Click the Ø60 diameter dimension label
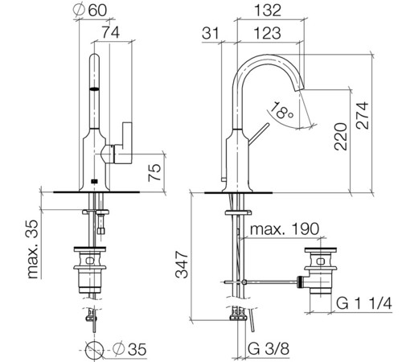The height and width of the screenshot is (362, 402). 90,10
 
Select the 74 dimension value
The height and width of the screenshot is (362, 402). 111,32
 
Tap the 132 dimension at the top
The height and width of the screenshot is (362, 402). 268,10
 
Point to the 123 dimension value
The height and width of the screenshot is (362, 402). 267,33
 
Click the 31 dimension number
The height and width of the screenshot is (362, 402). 211,33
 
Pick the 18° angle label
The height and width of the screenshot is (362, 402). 281,110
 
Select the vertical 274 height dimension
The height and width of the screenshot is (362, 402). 363,115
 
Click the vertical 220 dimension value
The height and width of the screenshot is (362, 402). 341,137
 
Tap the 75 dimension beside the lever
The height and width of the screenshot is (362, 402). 154,172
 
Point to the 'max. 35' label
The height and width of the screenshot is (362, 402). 33,249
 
